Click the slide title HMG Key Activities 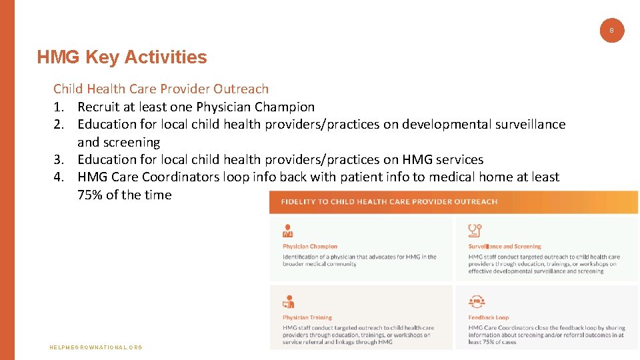tap(122, 57)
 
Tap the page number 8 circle tap(611, 30)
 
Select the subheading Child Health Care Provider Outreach tap(161, 89)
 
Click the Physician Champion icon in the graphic tap(288, 231)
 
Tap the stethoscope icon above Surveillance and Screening tap(475, 231)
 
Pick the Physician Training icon tap(288, 301)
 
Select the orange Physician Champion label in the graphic tap(310, 247)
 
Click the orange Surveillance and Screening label tap(505, 247)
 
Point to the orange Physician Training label tap(307, 317)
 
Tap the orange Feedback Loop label tap(488, 317)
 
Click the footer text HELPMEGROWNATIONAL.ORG tap(96, 347)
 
